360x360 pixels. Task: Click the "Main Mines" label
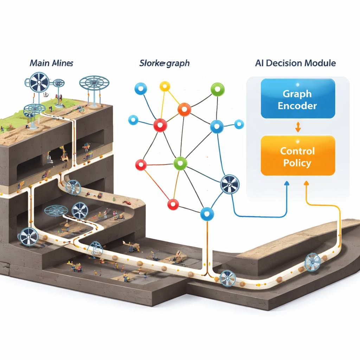click(51, 64)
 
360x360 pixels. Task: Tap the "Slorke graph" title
click(164, 64)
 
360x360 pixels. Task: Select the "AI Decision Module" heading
click(295, 63)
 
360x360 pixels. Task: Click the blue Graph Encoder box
click(297, 98)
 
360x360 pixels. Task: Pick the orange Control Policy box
click(297, 156)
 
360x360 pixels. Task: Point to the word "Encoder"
click(297, 105)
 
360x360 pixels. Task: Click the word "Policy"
click(297, 163)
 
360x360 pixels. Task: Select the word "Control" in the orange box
click(297, 151)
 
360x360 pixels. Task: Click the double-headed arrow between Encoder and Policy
click(298, 127)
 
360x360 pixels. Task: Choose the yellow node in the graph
click(165, 86)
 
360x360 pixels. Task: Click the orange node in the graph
click(184, 109)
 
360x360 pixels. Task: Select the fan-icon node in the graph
click(230, 185)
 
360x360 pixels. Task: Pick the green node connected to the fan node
click(180, 163)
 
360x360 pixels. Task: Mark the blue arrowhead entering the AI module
click(287, 183)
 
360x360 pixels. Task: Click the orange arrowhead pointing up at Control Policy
click(306, 183)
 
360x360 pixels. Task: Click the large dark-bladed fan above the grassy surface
click(39, 82)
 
